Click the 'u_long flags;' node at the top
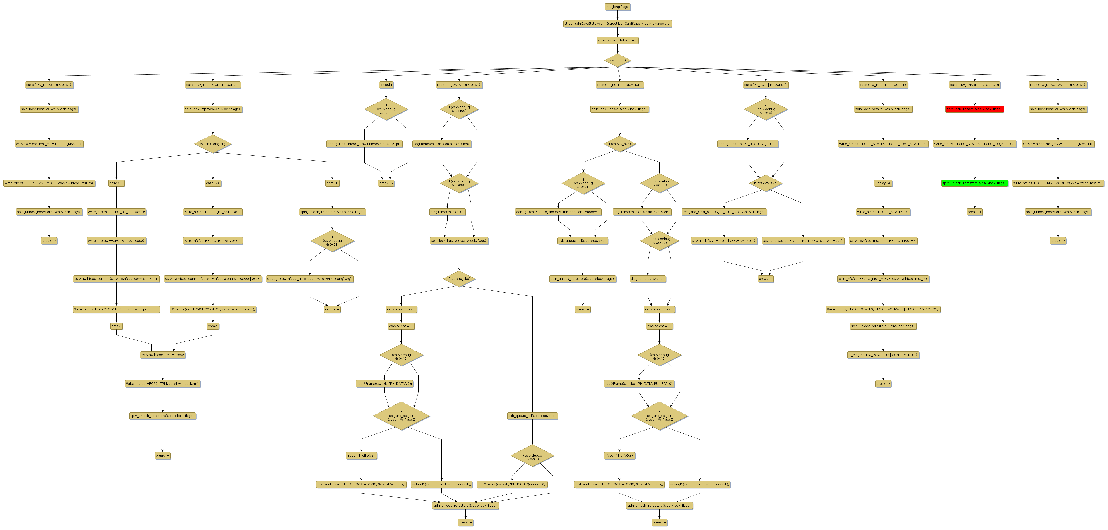[x=617, y=7]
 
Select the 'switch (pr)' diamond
[x=617, y=60]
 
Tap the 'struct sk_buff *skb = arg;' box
[x=617, y=40]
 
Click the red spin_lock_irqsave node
[x=974, y=109]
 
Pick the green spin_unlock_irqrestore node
[x=974, y=183]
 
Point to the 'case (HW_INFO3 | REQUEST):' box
[x=49, y=85]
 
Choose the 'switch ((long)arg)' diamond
[x=213, y=144]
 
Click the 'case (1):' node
[x=116, y=183]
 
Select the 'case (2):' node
[x=213, y=183]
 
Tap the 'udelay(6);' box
[x=883, y=183]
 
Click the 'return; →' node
[x=332, y=309]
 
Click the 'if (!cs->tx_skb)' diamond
[x=766, y=183]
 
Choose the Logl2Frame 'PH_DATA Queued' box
[x=512, y=484]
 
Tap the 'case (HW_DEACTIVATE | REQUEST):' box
[x=1058, y=85]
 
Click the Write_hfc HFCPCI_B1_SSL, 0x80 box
[x=116, y=212]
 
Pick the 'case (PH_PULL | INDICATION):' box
[x=619, y=85]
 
